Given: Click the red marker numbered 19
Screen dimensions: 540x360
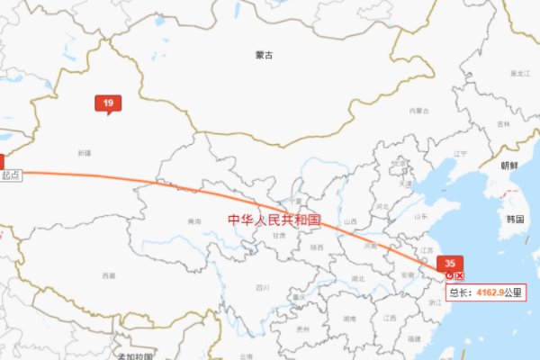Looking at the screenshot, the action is click(x=108, y=104).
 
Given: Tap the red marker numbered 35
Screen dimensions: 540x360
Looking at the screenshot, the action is click(x=449, y=263).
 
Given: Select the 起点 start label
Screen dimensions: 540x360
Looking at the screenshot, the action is click(x=11, y=175).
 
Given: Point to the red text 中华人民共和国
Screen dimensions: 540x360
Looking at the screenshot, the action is click(x=274, y=220).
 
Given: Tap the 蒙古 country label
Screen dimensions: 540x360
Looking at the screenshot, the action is click(x=263, y=55).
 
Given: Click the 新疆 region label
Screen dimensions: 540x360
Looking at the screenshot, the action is click(x=85, y=153).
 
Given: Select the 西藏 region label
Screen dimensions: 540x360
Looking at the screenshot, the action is click(x=109, y=274).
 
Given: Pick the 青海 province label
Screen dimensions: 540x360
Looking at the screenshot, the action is click(x=194, y=221).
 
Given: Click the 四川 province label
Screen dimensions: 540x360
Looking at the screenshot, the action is click(x=262, y=288).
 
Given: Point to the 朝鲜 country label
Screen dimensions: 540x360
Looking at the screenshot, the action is click(x=509, y=166).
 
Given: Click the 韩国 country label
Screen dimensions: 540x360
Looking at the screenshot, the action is click(x=515, y=219).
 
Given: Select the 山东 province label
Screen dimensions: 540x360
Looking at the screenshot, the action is click(x=419, y=217).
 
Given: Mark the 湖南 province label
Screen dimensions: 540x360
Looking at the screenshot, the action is click(x=349, y=319).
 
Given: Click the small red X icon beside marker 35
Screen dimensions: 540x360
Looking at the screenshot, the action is click(x=460, y=274).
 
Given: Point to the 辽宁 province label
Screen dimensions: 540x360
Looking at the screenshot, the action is click(x=461, y=153).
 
